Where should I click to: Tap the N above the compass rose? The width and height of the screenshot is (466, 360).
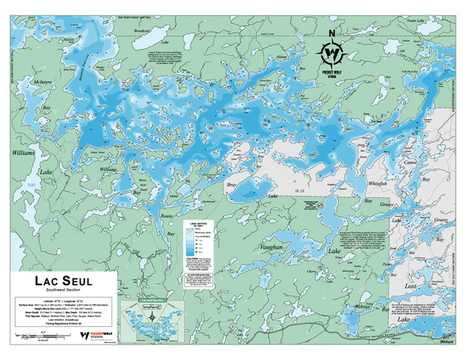(333, 32)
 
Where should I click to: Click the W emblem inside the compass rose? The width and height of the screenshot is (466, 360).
(333, 52)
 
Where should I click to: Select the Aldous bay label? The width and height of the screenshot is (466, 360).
(282, 57)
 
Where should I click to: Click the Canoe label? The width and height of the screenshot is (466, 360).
(432, 163)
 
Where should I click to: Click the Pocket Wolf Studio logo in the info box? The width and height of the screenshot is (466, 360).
(95, 335)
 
